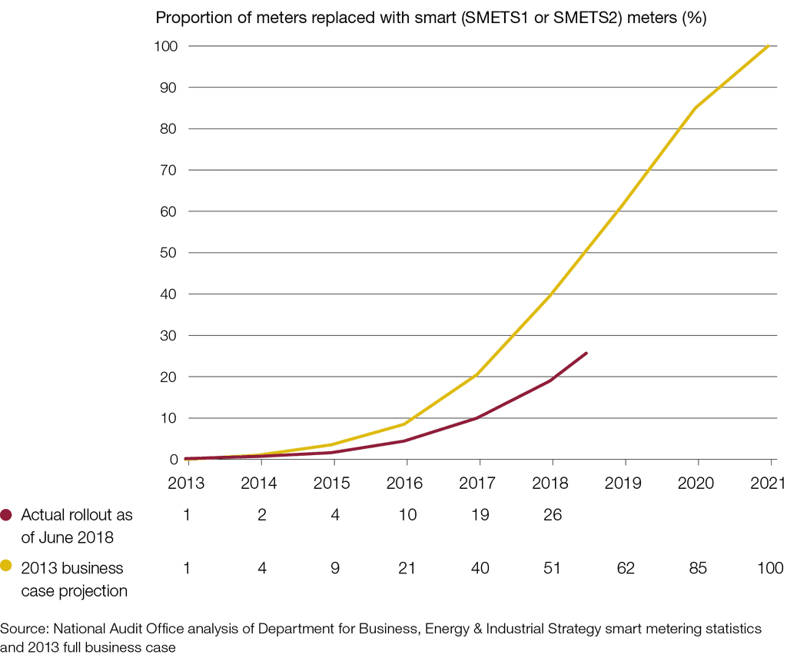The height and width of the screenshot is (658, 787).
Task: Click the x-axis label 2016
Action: point(407,484)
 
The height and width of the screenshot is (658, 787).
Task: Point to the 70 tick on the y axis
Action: point(168,170)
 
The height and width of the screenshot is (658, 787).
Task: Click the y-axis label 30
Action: point(168,335)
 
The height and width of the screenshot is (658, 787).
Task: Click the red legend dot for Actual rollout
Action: point(7,515)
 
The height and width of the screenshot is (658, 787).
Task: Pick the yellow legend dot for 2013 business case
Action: point(7,567)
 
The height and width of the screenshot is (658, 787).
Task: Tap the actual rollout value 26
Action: point(552,515)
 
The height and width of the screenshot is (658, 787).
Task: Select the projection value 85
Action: point(697,569)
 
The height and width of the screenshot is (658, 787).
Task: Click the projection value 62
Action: point(625,569)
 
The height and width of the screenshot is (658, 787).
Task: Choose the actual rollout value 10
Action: point(407,515)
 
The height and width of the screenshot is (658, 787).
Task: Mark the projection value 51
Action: point(552,569)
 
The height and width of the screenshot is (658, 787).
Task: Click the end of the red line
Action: point(586,353)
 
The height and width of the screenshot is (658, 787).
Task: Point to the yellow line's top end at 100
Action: point(769,46)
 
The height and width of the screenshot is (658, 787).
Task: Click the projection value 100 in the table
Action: point(769,569)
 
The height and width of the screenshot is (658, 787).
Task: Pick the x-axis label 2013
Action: point(187,484)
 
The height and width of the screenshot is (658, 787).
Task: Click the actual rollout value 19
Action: point(480,515)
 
